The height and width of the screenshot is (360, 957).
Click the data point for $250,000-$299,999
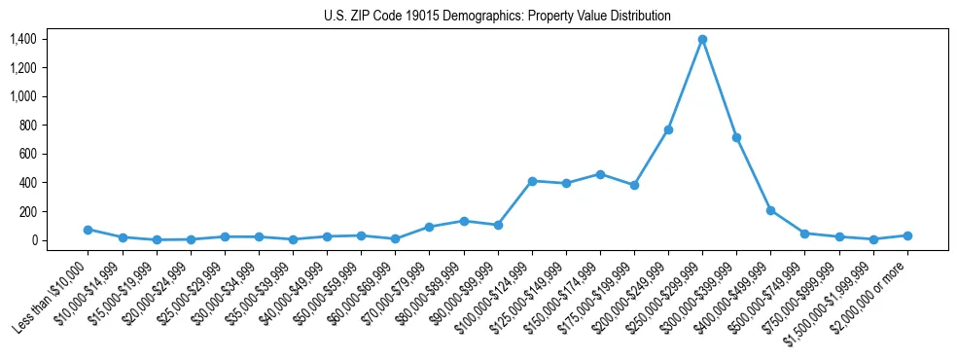702,39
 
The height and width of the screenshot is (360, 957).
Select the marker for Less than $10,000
88,230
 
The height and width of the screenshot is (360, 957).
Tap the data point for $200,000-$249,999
668,129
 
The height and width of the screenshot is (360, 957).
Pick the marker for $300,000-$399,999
736,137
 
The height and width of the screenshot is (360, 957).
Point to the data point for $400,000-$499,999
770,210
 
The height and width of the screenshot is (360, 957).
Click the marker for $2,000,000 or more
907,235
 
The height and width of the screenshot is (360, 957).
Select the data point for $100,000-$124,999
532,181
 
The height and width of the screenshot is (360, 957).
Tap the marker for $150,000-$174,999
600,174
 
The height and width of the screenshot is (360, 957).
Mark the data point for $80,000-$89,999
464,221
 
